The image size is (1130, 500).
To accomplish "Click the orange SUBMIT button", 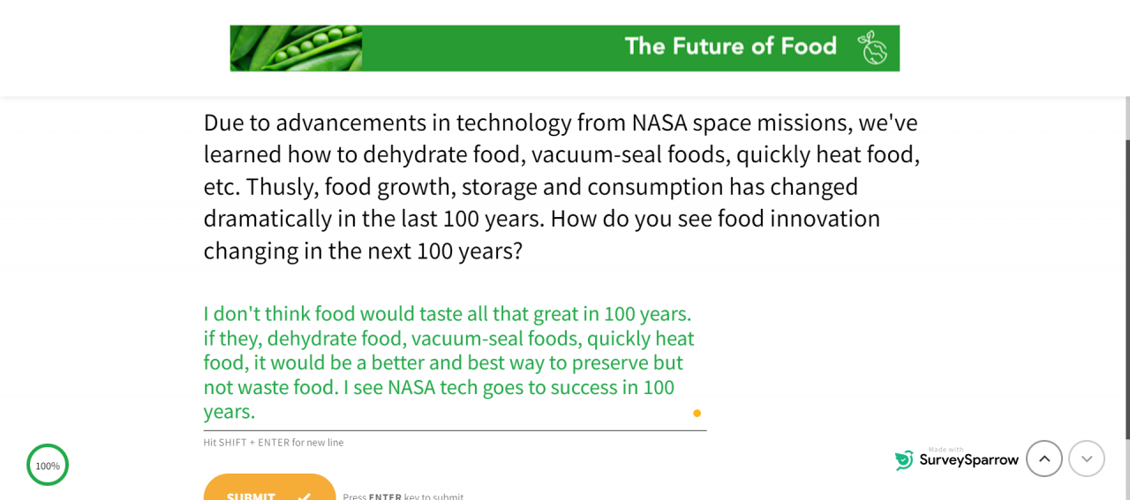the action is pyautogui.click(x=269, y=488).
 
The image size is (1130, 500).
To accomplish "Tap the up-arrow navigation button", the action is pyautogui.click(x=1044, y=459).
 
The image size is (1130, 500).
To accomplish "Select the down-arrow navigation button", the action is pyautogui.click(x=1087, y=459).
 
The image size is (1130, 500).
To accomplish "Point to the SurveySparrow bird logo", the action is pyautogui.click(x=904, y=460).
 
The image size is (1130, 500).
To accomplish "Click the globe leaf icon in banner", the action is pyautogui.click(x=872, y=48).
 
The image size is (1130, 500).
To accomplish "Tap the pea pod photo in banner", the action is pyautogui.click(x=296, y=49).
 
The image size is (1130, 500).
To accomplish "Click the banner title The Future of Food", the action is pyautogui.click(x=730, y=47).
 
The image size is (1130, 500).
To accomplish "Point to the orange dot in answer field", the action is pyautogui.click(x=697, y=414).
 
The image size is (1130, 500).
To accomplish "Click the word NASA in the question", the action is pyautogui.click(x=659, y=123).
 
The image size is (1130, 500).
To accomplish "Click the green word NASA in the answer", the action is pyautogui.click(x=411, y=388).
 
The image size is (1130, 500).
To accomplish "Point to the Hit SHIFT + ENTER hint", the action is pyautogui.click(x=274, y=443).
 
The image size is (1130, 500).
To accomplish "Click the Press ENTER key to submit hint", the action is pyautogui.click(x=403, y=496).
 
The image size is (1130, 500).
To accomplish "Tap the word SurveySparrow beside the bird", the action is pyautogui.click(x=968, y=460).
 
